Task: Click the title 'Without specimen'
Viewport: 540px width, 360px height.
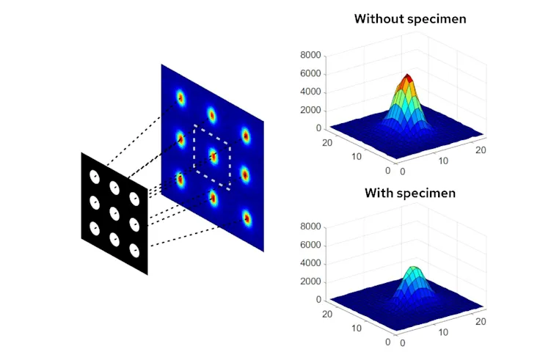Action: pos(410,18)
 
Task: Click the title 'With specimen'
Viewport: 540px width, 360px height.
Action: pos(410,194)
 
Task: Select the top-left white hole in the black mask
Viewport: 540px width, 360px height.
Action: pos(94,176)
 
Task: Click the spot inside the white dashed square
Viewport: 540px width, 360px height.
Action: pos(213,155)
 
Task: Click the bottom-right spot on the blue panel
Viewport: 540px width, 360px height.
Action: pos(247,218)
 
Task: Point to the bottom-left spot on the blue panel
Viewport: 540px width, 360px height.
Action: pos(179,178)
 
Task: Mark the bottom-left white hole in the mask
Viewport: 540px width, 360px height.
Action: pos(95,229)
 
